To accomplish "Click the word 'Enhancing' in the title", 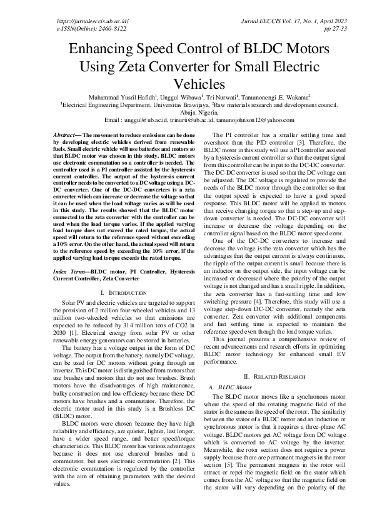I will pos(103,50).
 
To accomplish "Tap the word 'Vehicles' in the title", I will pos(185,83).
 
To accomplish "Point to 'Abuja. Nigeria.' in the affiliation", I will pos(186,113).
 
